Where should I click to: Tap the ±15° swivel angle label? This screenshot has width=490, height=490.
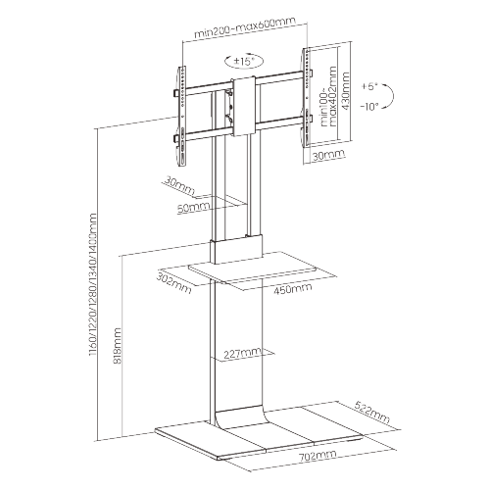(x=243, y=62)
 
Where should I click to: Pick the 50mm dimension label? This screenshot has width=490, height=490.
(x=193, y=208)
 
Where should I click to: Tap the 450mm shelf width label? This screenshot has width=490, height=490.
(x=294, y=289)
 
